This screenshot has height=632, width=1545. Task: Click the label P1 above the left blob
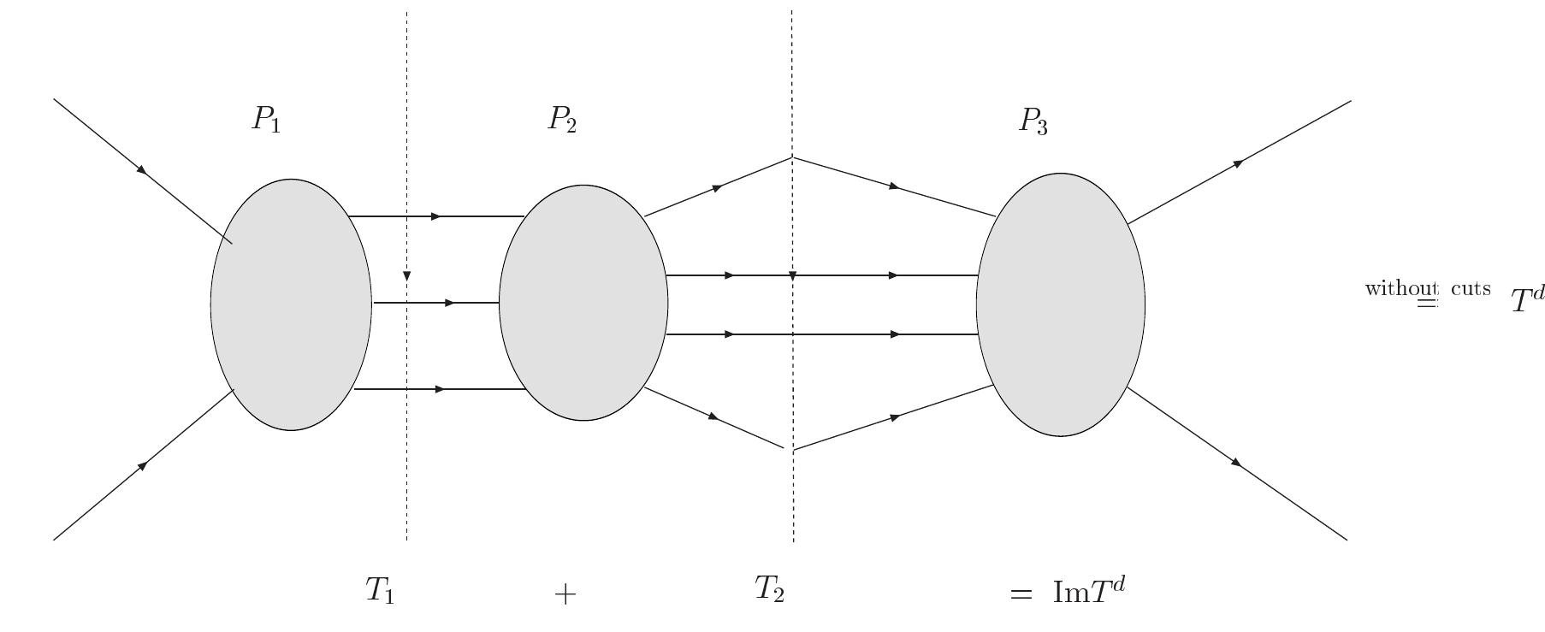[x=266, y=119]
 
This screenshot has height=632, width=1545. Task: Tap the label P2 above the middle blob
[x=562, y=119]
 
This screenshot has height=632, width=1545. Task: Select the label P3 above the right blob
[x=1033, y=121]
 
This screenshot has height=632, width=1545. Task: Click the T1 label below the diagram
[x=380, y=590]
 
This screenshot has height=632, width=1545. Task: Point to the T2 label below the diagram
[x=769, y=588]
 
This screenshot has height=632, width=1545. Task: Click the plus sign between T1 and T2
[x=565, y=594]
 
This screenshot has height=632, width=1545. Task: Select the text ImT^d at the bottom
[x=1087, y=591]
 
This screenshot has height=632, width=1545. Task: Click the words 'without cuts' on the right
[x=1427, y=288]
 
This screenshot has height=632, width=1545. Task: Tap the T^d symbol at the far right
[x=1527, y=299]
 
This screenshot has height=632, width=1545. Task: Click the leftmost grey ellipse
[x=291, y=304]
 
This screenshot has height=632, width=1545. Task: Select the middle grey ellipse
[x=583, y=303]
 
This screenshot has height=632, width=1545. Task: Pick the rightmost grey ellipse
[x=1061, y=304]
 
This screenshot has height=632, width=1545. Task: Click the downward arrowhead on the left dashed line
[x=406, y=276]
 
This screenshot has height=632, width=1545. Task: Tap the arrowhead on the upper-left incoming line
[x=143, y=170]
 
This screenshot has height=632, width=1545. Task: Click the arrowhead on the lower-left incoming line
[x=143, y=465]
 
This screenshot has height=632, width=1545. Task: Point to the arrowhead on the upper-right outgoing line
[x=1237, y=162]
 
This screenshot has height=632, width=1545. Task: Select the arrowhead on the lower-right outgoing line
[x=1235, y=462]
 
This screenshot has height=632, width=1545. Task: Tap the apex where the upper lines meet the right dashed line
[x=792, y=157]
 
